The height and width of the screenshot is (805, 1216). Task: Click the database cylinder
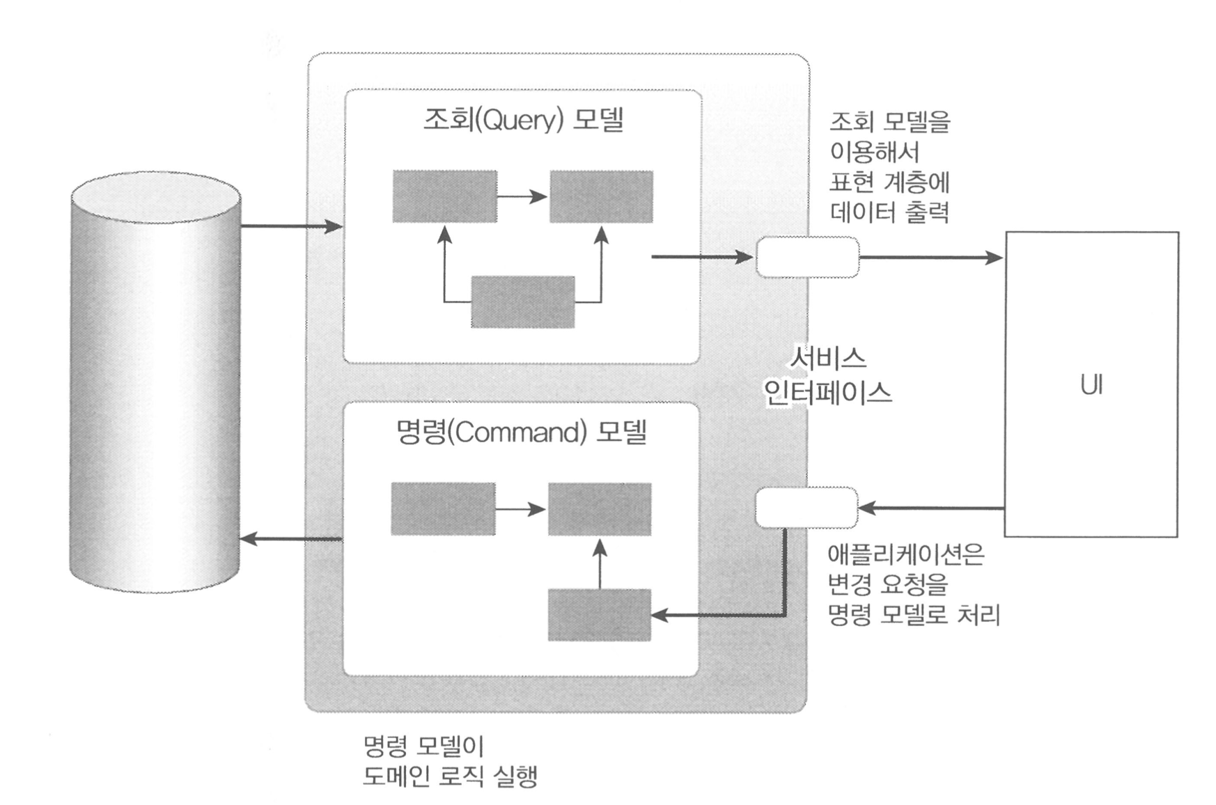point(155,383)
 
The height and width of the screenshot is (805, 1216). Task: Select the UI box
point(1091,384)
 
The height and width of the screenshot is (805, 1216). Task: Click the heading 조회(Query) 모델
point(523,120)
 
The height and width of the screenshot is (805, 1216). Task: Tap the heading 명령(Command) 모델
point(521,432)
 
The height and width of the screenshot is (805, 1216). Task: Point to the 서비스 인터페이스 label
point(827,376)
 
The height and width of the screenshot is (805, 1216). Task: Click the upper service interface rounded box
point(807,257)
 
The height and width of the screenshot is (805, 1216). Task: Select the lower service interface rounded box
point(806,508)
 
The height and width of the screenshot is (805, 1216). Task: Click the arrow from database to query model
point(291,226)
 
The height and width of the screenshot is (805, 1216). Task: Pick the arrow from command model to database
point(291,539)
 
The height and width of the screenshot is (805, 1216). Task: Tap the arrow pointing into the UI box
point(930,258)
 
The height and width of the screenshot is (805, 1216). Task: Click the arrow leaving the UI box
point(930,508)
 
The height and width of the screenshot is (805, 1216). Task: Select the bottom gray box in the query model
point(523,302)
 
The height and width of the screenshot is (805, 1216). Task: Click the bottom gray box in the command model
point(599,615)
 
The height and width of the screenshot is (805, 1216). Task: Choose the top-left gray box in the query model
point(444,196)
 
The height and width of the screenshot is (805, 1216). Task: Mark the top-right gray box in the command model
point(599,509)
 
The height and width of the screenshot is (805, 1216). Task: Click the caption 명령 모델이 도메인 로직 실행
point(450,761)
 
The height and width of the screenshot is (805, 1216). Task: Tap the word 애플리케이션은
point(905,554)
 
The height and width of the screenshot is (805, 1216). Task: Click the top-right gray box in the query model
point(601,196)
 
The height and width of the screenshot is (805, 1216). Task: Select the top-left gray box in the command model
point(443,509)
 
